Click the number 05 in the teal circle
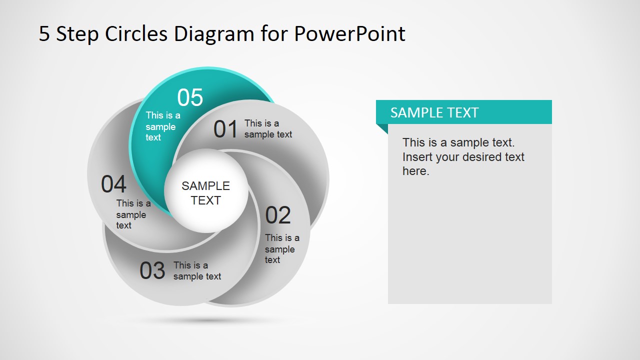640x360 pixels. click(x=190, y=97)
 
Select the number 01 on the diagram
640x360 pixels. click(x=225, y=129)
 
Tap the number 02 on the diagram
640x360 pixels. click(x=278, y=215)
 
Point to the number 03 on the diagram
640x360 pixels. click(x=152, y=271)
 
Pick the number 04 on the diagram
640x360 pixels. click(x=114, y=184)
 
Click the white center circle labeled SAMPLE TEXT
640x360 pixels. click(x=206, y=193)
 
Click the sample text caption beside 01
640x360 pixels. click(x=268, y=129)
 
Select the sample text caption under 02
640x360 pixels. click(x=282, y=249)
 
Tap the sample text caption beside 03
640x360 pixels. click(x=197, y=271)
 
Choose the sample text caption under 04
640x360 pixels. click(x=133, y=214)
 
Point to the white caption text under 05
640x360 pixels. click(x=162, y=126)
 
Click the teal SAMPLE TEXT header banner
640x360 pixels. click(x=463, y=112)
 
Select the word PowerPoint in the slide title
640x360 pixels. click(x=349, y=34)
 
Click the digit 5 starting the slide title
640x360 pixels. click(x=44, y=34)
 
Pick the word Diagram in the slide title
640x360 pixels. click(x=214, y=34)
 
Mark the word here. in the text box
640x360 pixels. click(x=415, y=171)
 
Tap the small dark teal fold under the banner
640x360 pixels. click(x=382, y=128)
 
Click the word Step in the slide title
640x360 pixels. click(x=77, y=34)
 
